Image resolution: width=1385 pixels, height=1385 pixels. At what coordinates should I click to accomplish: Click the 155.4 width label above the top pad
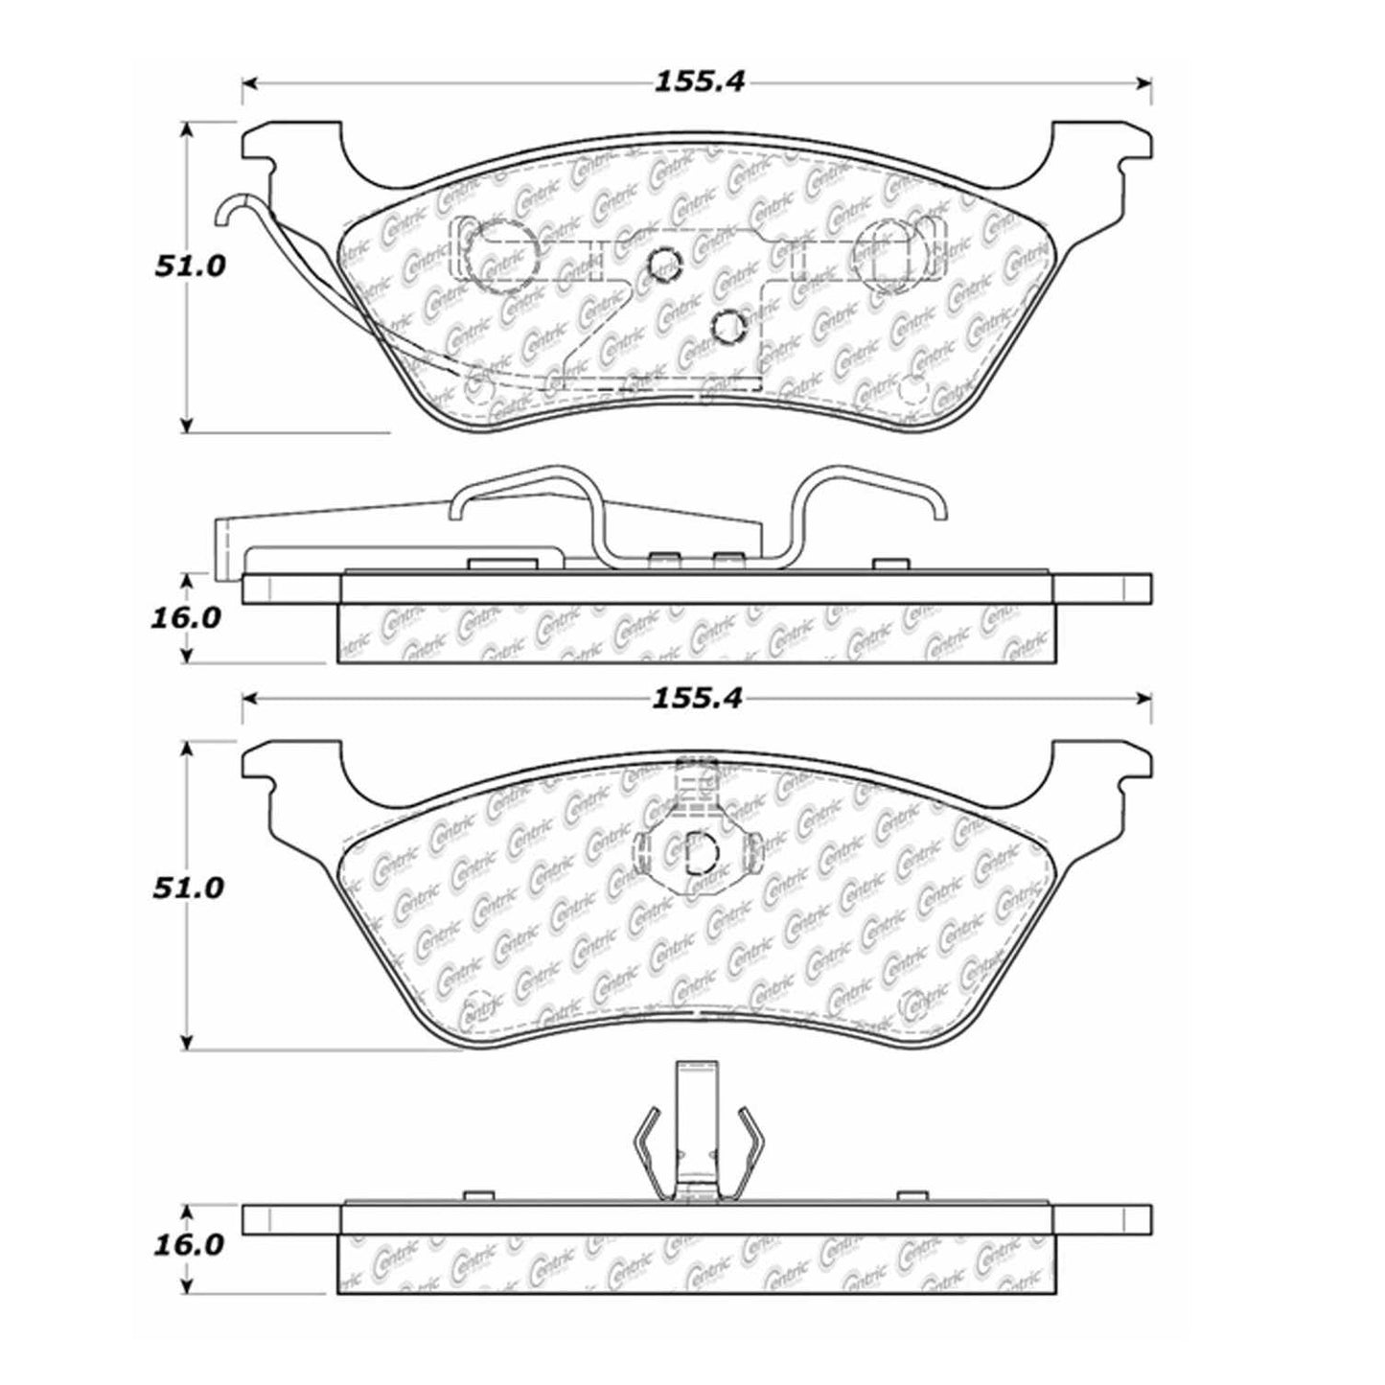tap(699, 82)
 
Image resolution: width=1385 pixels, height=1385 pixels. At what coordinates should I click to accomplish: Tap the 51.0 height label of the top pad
tap(190, 265)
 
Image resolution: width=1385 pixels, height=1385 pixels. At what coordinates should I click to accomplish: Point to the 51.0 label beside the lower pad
tap(190, 888)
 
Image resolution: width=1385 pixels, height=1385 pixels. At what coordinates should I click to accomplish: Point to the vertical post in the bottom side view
tap(697, 1102)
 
